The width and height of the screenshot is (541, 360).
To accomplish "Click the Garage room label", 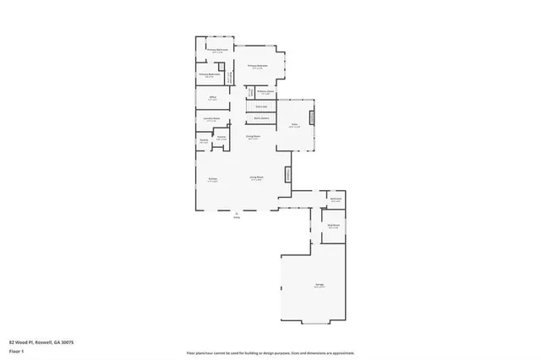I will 320,286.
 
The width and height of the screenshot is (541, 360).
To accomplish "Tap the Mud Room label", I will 334,226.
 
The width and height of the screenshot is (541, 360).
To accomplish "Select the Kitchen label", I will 213,178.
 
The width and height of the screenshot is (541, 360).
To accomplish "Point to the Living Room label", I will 256,177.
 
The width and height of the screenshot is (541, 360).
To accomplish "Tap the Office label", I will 213,98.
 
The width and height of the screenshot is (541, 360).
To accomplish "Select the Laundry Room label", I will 213,119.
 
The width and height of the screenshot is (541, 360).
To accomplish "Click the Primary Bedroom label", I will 258,66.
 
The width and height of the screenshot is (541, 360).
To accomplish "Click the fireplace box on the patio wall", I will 312,117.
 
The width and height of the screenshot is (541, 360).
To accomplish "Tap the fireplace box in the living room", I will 287,175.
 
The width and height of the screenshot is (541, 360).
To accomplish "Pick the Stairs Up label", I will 262,106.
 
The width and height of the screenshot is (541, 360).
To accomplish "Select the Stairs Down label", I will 262,118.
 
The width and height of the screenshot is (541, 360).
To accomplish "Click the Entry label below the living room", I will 237,216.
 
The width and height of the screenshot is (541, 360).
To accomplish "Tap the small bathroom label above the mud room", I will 336,200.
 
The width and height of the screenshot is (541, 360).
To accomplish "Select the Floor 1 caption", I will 15,350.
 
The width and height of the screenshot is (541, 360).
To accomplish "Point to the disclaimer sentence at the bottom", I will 270,352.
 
